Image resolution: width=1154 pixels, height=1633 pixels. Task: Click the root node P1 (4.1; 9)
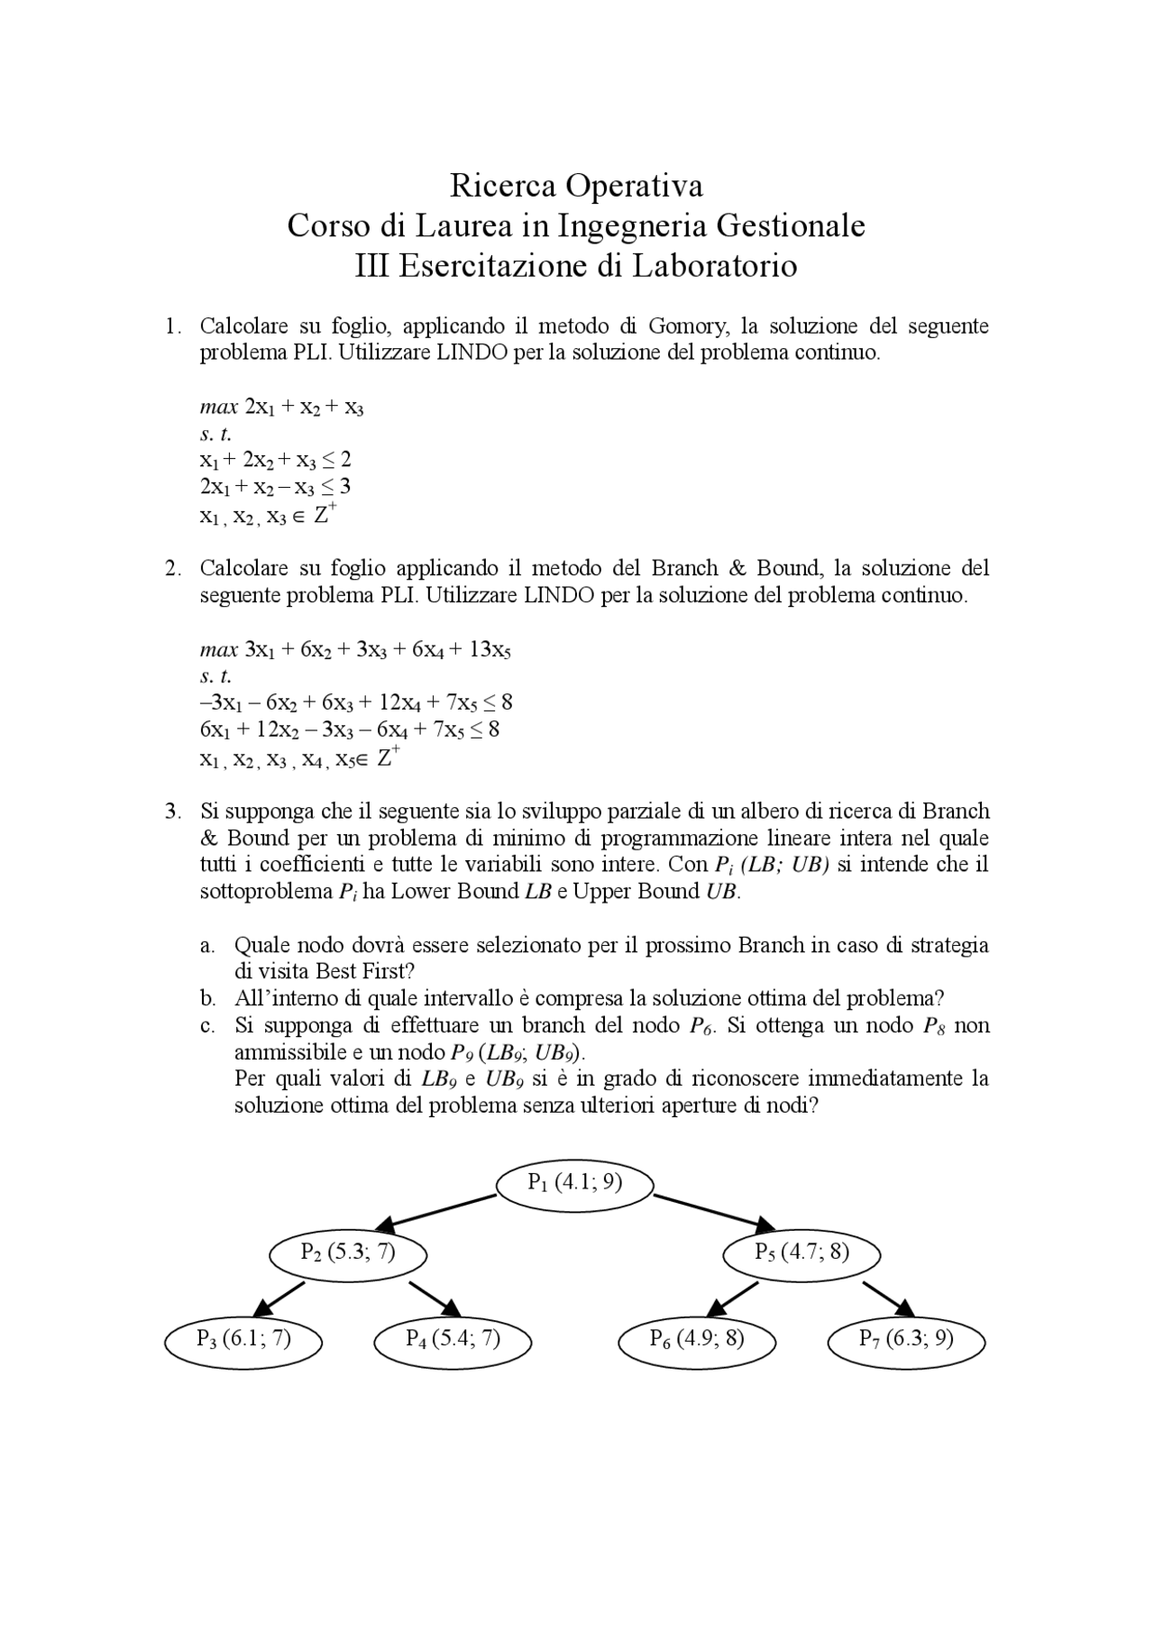(574, 1183)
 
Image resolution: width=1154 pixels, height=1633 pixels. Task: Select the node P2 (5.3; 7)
(347, 1253)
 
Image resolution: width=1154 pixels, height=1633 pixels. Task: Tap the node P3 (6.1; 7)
(243, 1339)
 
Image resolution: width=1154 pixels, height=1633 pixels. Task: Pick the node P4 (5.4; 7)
(453, 1339)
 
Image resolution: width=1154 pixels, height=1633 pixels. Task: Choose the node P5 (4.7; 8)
(801, 1253)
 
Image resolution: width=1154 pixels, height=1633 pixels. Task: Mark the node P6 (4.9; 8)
(697, 1339)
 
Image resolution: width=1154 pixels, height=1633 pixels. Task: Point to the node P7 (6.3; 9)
(906, 1339)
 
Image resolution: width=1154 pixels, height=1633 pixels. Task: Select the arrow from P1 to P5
(714, 1211)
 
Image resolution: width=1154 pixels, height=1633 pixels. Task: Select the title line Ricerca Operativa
(576, 186)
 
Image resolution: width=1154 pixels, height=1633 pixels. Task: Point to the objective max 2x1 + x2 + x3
(281, 407)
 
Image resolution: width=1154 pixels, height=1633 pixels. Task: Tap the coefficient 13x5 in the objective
(490, 650)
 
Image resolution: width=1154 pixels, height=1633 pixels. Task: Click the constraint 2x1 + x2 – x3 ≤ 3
(275, 487)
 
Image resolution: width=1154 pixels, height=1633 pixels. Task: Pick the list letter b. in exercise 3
(207, 999)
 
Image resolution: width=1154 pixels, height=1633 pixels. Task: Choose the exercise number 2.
(172, 569)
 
